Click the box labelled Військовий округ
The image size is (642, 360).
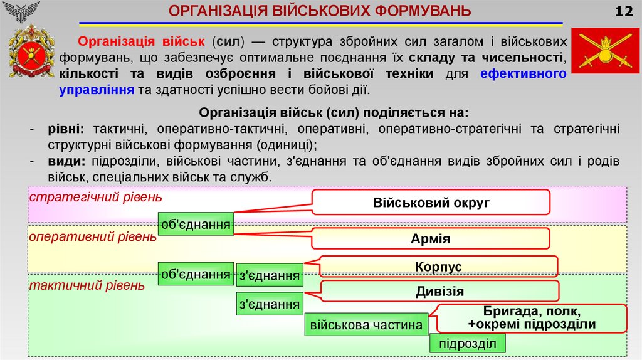pos(431,203)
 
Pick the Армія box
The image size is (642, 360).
pos(431,238)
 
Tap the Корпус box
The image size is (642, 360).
pos(438,267)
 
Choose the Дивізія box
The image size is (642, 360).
pos(439,291)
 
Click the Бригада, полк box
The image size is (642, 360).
pos(532,318)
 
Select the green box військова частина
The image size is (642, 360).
pos(367,325)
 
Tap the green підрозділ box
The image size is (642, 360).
pos(467,344)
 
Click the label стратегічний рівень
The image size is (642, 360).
pos(96,197)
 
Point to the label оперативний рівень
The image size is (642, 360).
pos(93,236)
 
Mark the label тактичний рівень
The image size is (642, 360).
pos(87,285)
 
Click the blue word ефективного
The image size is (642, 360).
pos(524,74)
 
